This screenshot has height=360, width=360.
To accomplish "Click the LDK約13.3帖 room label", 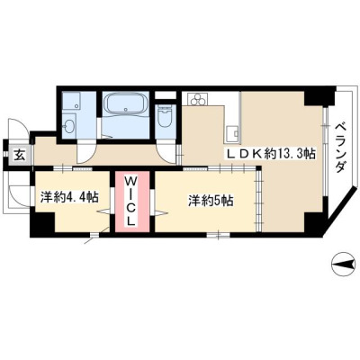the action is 270,155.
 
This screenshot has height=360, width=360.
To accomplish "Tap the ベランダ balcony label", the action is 340,148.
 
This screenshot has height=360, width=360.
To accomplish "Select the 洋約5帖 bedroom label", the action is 211,201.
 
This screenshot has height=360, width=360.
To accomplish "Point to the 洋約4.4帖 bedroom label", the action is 69,197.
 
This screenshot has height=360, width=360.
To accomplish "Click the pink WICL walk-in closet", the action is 132,202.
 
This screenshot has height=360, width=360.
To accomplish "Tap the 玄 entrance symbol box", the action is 20,155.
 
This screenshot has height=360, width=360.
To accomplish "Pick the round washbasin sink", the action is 70,126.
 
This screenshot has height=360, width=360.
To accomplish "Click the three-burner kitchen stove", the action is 197,99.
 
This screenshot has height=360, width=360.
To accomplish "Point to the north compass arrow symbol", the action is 343,265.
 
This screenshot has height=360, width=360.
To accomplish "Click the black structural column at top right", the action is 319,95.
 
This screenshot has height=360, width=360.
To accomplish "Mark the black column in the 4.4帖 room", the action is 43,224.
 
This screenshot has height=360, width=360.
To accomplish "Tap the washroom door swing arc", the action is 86,152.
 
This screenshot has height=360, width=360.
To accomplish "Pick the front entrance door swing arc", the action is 18,127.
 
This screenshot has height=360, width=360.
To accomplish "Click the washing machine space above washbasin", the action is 71,102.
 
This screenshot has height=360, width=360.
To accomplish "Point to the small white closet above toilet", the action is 166,95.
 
